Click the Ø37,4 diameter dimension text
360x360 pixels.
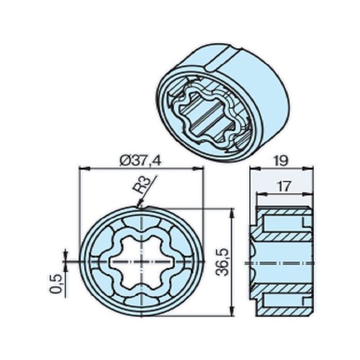139,160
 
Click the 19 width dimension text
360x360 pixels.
280,160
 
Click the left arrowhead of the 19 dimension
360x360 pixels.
253,168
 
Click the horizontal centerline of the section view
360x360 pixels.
283,262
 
